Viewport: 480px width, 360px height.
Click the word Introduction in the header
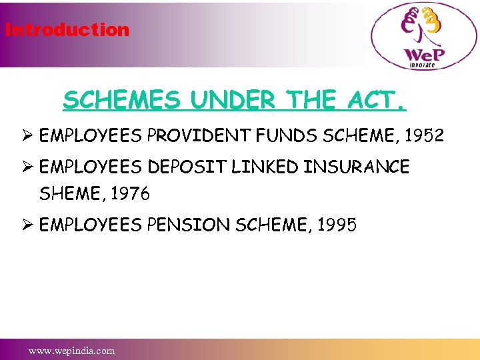click(x=67, y=30)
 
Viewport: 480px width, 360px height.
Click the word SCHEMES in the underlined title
click(x=121, y=101)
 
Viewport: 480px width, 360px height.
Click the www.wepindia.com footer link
click(x=71, y=351)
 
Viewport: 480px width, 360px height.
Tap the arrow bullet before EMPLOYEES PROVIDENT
click(x=27, y=137)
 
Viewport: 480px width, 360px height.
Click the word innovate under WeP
click(x=421, y=65)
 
